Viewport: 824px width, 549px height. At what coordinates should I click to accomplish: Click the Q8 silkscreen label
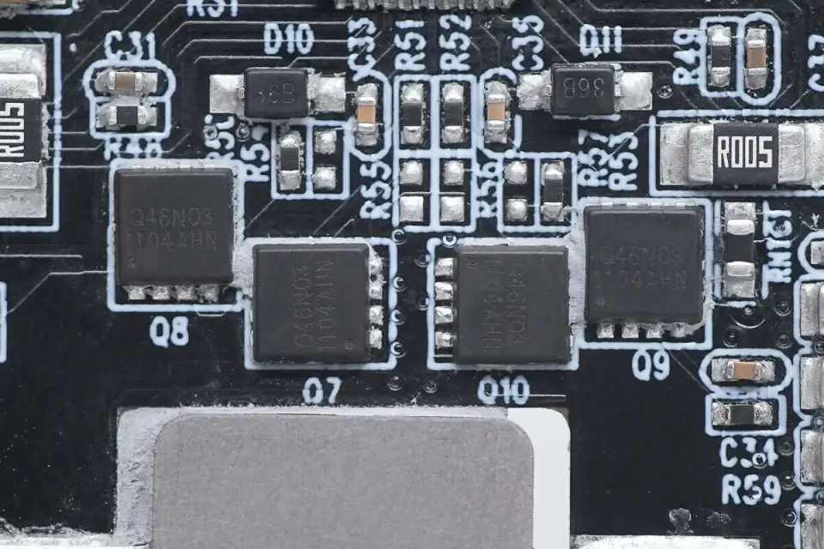(169, 330)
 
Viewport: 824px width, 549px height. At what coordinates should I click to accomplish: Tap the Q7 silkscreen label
(322, 391)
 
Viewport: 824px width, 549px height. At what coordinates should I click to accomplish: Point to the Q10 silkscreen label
(503, 390)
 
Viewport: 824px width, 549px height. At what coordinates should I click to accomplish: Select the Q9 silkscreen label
(651, 365)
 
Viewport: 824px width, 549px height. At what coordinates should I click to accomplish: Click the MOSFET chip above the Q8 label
(174, 225)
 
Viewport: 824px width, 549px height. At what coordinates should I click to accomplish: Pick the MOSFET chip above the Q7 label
(312, 302)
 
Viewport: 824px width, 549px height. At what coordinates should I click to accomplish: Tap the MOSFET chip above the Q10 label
(512, 304)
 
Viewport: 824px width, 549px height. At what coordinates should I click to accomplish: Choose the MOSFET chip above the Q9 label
(644, 263)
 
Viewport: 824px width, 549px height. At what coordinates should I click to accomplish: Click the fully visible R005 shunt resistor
(745, 154)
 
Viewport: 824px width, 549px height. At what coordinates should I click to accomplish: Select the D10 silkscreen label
(288, 39)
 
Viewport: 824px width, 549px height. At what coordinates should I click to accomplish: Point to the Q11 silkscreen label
(601, 39)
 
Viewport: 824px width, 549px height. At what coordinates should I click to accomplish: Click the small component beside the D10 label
(276, 93)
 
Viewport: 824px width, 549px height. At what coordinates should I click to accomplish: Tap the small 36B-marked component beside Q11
(584, 89)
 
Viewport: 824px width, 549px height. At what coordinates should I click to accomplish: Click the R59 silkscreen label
(750, 490)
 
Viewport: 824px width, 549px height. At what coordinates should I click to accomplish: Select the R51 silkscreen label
(411, 45)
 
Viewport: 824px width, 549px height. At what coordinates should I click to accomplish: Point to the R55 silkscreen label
(375, 190)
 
